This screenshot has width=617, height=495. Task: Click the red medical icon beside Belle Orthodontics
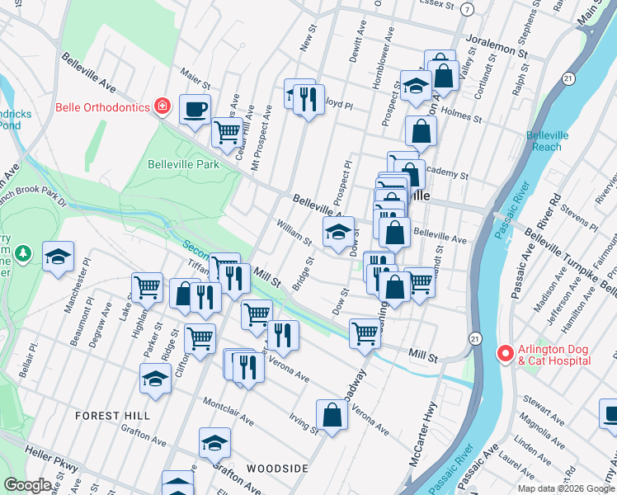163,107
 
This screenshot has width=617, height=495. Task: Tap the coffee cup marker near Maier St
195,109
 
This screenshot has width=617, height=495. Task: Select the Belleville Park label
183,164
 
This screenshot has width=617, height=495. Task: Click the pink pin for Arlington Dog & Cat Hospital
506,353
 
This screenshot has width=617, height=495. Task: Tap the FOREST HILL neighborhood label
113,416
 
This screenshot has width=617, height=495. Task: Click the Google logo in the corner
27,485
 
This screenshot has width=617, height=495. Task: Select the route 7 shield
468,9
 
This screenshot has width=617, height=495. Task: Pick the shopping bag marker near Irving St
332,415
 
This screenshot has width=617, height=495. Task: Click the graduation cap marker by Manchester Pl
58,257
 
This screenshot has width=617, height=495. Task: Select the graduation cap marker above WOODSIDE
214,443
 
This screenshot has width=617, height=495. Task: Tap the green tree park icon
25,252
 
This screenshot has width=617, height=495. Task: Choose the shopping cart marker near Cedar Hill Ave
226,132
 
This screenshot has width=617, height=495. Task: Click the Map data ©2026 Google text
566,488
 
